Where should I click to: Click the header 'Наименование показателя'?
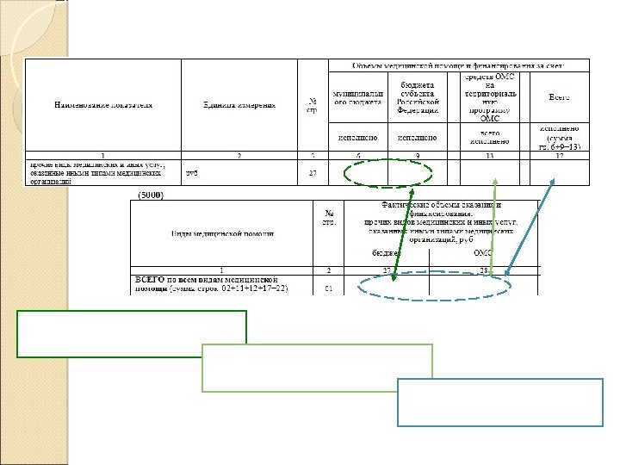coord(103,105)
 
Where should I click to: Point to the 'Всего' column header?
coord(558,97)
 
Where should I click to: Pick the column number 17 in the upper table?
coord(558,156)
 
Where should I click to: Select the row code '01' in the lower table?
coord(328,288)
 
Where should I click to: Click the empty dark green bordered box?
coord(132,334)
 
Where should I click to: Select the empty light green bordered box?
coord(317,368)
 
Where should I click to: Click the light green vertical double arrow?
coord(493,228)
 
